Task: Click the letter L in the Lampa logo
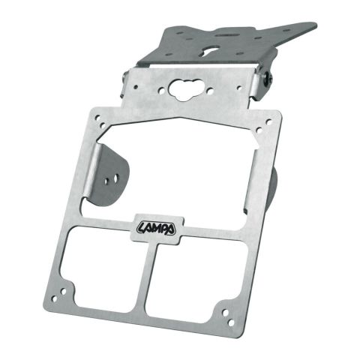point(142,226)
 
